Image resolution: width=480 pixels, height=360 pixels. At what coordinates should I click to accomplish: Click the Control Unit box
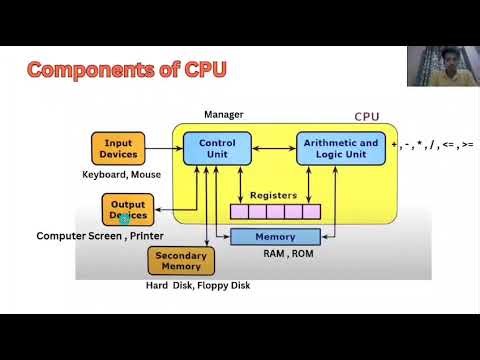point(211,149)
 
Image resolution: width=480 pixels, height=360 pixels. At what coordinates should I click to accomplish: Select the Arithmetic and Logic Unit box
point(341,149)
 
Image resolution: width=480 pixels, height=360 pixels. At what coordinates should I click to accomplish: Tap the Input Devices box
point(119,149)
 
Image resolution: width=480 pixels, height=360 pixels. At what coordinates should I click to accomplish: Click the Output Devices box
point(127,209)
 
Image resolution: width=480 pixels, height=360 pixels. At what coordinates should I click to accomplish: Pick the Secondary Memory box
point(181,261)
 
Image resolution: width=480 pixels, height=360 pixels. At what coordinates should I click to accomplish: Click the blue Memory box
point(275,236)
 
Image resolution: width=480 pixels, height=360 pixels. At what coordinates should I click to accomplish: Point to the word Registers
point(273,195)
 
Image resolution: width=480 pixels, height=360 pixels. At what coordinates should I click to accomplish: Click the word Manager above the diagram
point(223,114)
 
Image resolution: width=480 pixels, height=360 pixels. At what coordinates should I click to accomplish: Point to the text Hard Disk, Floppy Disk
point(198,286)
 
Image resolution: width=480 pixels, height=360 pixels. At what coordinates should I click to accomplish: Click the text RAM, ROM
point(275,255)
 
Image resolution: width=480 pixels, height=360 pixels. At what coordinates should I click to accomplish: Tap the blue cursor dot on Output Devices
point(125,217)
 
